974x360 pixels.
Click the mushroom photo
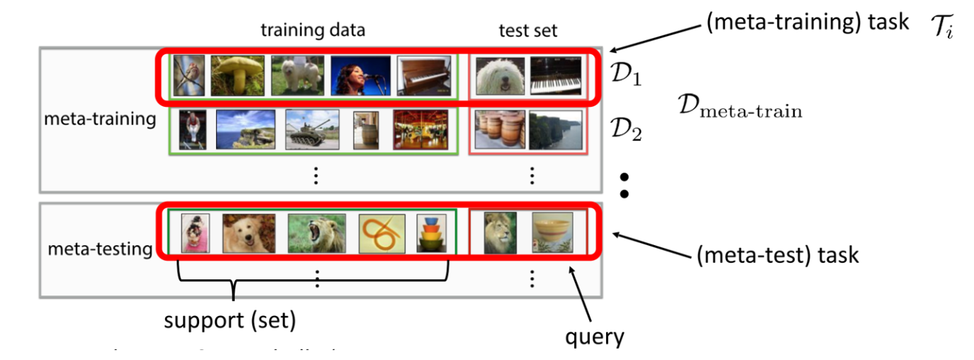pyautogui.click(x=235, y=75)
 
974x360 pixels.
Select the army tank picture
pyautogui.click(x=310, y=130)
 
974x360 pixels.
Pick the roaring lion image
pyautogui.click(x=316, y=233)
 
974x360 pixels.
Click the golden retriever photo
pyautogui.click(x=248, y=233)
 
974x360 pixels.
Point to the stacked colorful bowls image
pyautogui.click(x=432, y=233)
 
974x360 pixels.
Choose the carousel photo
pyautogui.click(x=421, y=130)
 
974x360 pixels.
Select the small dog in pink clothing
pyautogui.click(x=193, y=233)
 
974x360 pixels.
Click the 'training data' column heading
pyautogui.click(x=313, y=30)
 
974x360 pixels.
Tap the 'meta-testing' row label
pyautogui.click(x=100, y=249)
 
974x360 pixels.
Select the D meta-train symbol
pyautogui.click(x=739, y=110)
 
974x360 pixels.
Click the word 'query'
pyautogui.click(x=594, y=337)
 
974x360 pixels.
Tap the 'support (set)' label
pyautogui.click(x=230, y=321)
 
